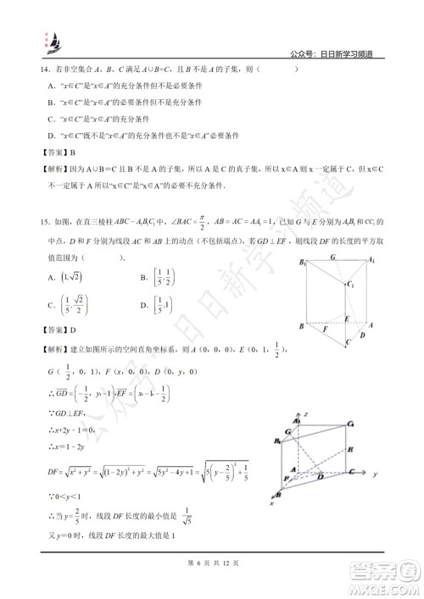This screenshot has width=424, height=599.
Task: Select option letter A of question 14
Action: pos(53,86)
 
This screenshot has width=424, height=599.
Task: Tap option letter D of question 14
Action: pos(53,135)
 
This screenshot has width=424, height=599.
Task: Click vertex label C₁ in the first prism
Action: pos(349,285)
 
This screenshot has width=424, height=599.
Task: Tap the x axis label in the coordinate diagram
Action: pos(273,502)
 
